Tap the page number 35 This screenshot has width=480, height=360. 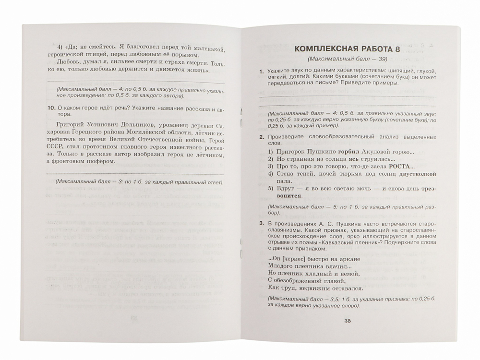click(348, 321)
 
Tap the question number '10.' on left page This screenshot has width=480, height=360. click(53, 109)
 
